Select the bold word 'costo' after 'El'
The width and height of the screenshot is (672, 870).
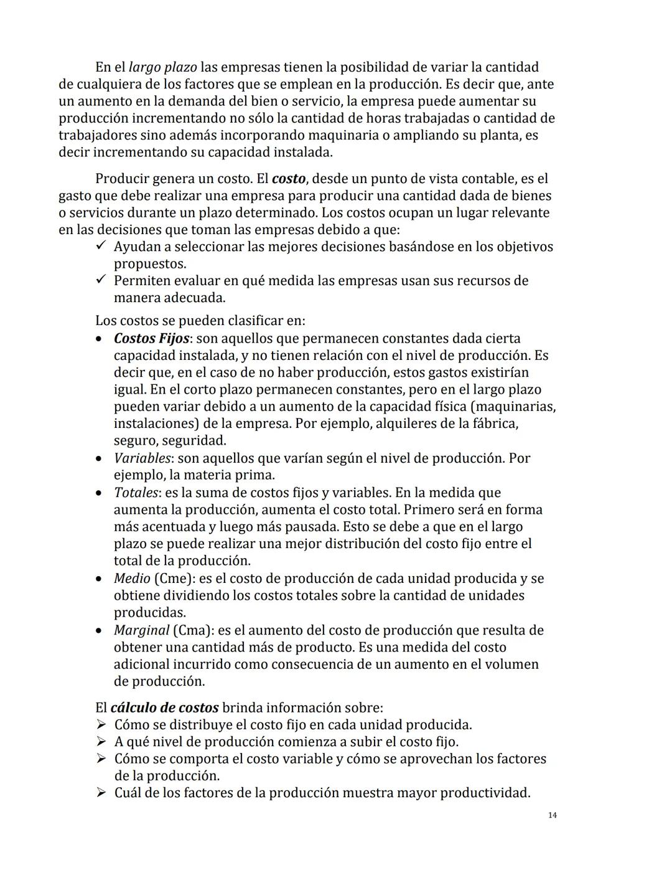coord(289,179)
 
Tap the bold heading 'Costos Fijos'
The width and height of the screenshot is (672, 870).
coord(151,339)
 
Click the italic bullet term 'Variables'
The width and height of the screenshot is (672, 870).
coord(142,458)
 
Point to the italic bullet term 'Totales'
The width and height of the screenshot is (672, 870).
coord(136,493)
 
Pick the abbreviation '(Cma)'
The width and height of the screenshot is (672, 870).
coord(192,630)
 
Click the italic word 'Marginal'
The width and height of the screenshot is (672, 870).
coord(141,630)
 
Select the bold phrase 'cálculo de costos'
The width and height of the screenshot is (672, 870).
coord(164,708)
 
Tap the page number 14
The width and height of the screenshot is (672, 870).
coord(553,816)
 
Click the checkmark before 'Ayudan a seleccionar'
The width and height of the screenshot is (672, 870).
coord(102,247)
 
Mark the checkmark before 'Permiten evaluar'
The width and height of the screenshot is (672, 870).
coord(102,280)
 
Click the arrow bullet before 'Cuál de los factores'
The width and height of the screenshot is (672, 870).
coord(102,793)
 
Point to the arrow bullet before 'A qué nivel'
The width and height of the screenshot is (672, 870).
coord(102,742)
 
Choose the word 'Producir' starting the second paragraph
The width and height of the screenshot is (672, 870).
coord(121,179)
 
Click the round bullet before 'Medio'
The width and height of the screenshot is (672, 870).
coord(100,579)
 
